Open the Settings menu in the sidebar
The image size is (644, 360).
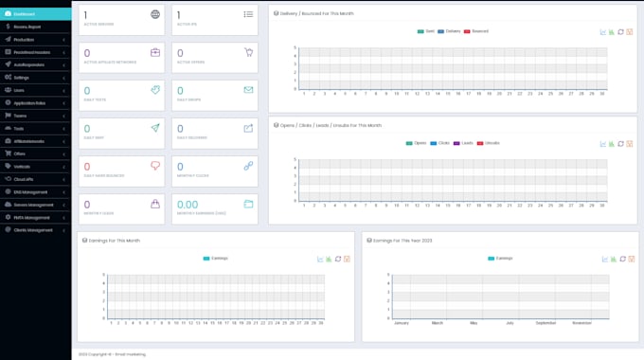click(22, 77)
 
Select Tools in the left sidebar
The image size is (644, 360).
click(19, 128)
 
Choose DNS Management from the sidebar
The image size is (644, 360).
click(27, 191)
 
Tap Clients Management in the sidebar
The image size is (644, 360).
click(33, 229)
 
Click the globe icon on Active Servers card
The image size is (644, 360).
click(155, 15)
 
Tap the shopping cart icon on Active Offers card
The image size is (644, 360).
click(248, 53)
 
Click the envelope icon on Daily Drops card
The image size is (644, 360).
click(248, 90)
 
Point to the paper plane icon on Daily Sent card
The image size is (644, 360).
click(155, 128)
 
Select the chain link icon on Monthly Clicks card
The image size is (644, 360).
click(248, 166)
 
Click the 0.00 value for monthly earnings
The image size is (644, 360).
click(188, 204)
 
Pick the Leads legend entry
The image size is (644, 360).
click(465, 143)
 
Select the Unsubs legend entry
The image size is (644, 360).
click(489, 143)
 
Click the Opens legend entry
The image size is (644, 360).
click(417, 143)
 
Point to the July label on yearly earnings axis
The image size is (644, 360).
click(510, 323)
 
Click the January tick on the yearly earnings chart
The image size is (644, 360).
click(401, 323)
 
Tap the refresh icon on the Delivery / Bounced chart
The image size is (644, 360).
click(620, 31)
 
